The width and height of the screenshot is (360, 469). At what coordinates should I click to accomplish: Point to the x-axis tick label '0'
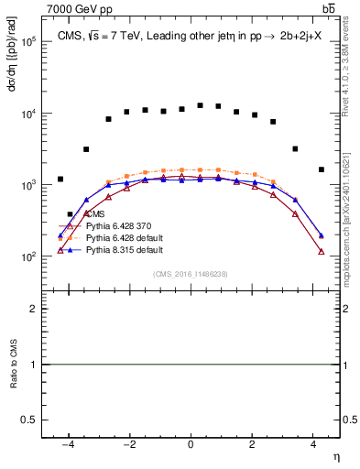pyautogui.click(x=191, y=444)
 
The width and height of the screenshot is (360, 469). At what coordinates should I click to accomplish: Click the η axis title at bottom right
pyautogui.click(x=335, y=456)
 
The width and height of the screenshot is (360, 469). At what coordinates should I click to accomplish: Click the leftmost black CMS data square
pyautogui.click(x=60, y=180)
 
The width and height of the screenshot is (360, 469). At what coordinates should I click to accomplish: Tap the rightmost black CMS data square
pyautogui.click(x=321, y=169)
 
